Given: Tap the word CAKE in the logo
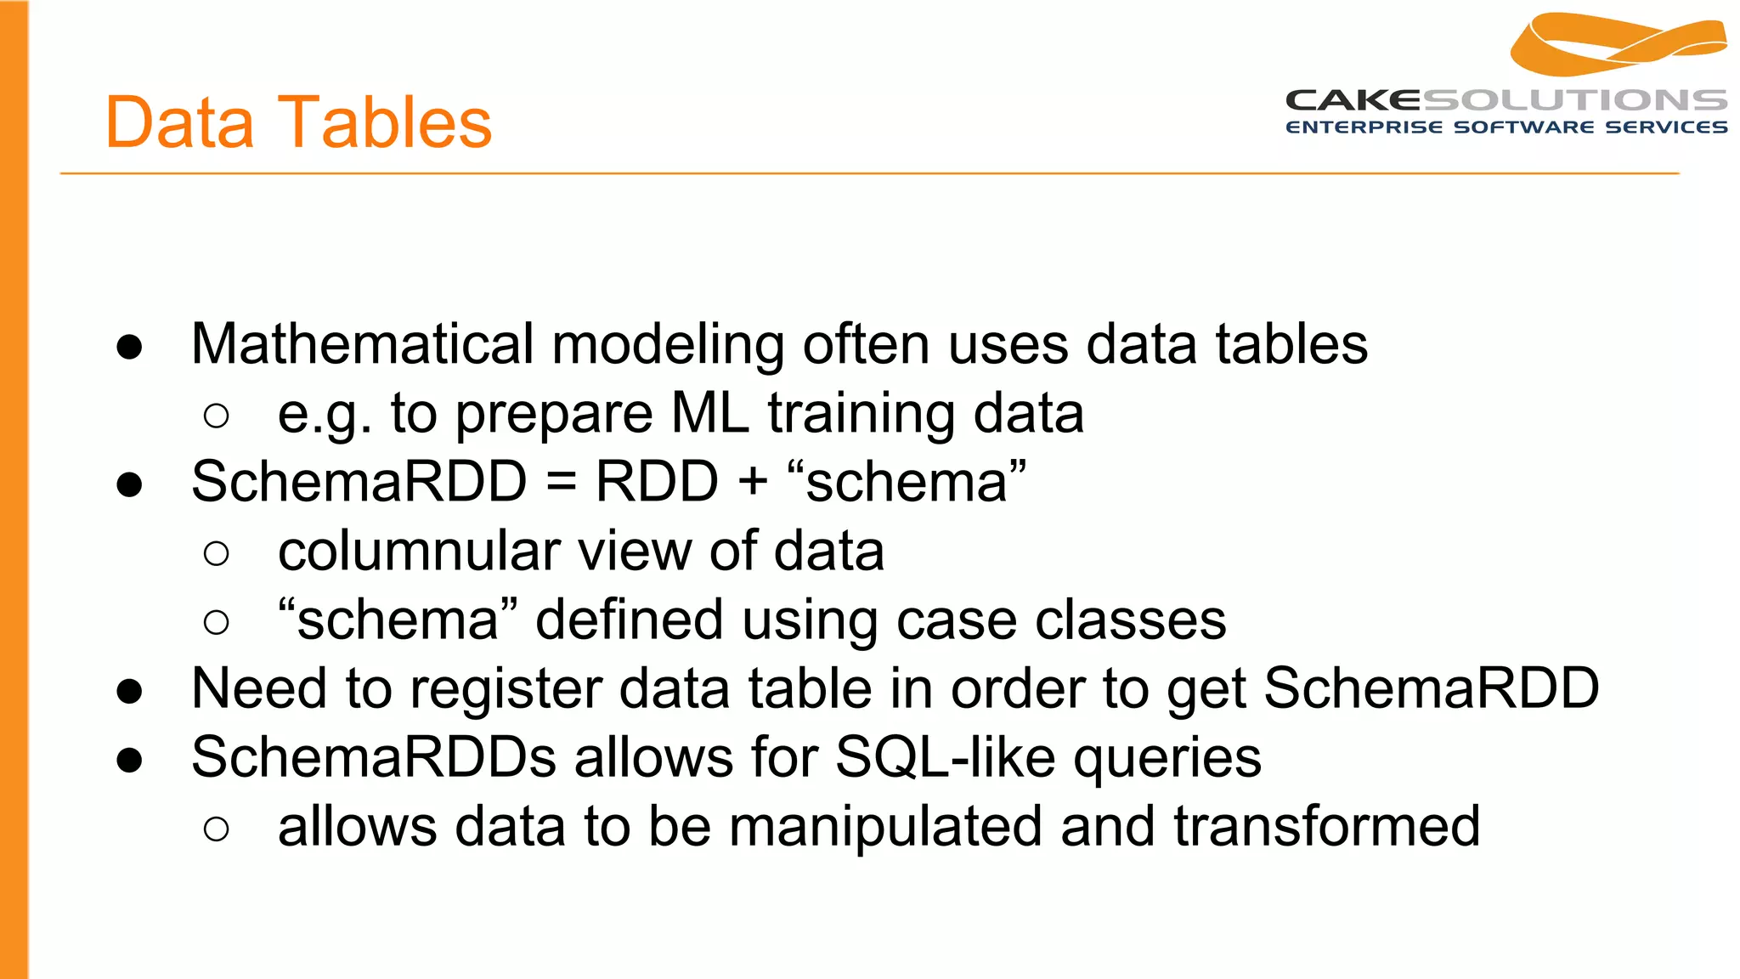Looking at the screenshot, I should tap(1353, 100).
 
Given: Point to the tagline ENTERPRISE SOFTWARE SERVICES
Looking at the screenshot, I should tap(1506, 127).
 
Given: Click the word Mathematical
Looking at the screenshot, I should tap(363, 344).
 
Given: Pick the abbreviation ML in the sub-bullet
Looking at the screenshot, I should tap(710, 414).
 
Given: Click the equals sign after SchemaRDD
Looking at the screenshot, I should tap(561, 483).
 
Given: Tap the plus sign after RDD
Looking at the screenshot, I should tap(753, 483).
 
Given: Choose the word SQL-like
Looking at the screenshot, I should tap(946, 757).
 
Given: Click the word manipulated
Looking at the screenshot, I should tap(884, 826).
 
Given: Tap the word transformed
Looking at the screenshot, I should tap(1326, 826).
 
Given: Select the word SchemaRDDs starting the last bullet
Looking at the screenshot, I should tap(374, 757).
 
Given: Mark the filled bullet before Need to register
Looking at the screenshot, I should tap(130, 691).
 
